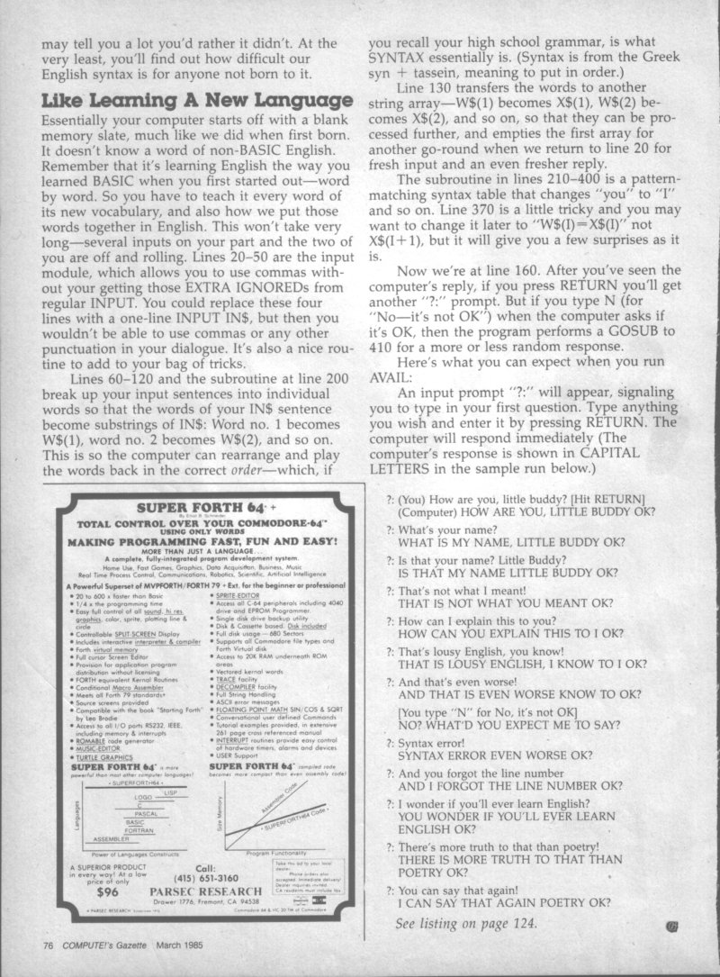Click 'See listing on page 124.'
coord(466,923)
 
